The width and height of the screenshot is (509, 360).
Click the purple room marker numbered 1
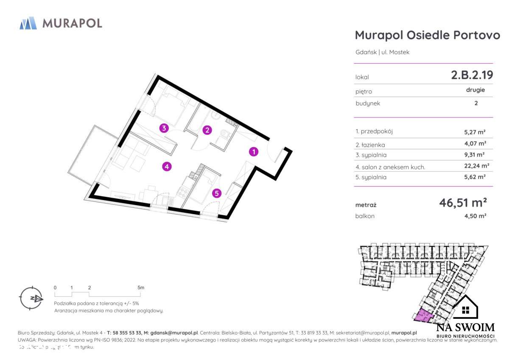click(x=254, y=151)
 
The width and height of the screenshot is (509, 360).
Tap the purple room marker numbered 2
click(x=207, y=130)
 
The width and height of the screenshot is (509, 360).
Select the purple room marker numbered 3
click(x=164, y=128)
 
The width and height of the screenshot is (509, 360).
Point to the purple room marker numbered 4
click(x=167, y=167)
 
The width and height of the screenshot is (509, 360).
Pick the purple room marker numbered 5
click(x=217, y=193)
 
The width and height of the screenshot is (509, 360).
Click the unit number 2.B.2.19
click(x=472, y=75)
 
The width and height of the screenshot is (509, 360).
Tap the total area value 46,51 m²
click(x=462, y=203)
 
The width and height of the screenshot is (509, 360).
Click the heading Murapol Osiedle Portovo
click(x=427, y=35)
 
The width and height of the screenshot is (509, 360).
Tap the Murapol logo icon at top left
click(x=28, y=23)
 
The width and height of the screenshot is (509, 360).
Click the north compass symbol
click(x=31, y=298)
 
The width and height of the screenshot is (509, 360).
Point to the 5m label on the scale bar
click(x=141, y=287)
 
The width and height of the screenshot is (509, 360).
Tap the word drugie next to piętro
click(x=475, y=90)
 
